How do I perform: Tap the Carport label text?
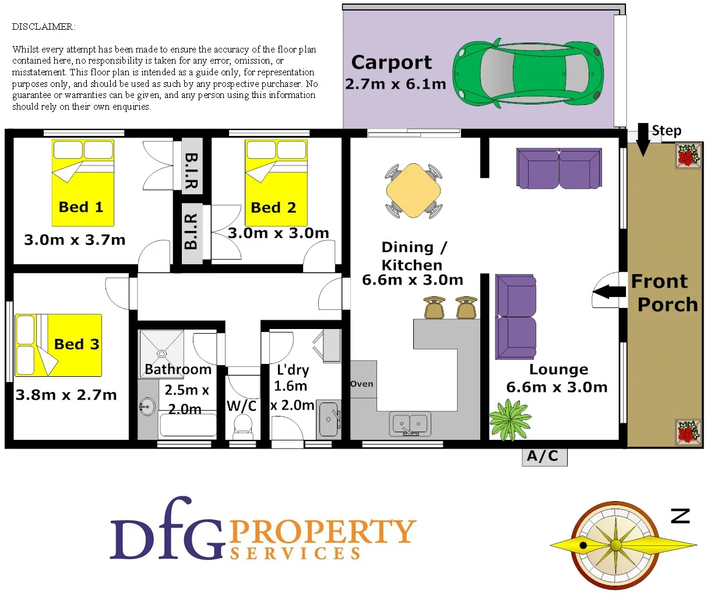[392, 62]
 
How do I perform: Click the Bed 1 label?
[81, 207]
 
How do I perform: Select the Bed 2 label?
[273, 208]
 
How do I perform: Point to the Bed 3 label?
[76, 344]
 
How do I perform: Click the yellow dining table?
[413, 190]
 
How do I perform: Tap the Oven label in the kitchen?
[362, 384]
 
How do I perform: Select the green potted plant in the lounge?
[510, 419]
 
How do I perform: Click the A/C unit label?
[543, 456]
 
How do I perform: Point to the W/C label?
[242, 406]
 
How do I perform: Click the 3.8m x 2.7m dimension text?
[66, 395]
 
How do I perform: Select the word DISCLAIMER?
[43, 27]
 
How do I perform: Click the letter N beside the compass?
[680, 516]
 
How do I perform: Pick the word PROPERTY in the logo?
[322, 531]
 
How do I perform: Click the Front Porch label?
[664, 293]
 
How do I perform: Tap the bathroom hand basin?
[147, 407]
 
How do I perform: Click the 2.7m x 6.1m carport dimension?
[396, 84]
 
